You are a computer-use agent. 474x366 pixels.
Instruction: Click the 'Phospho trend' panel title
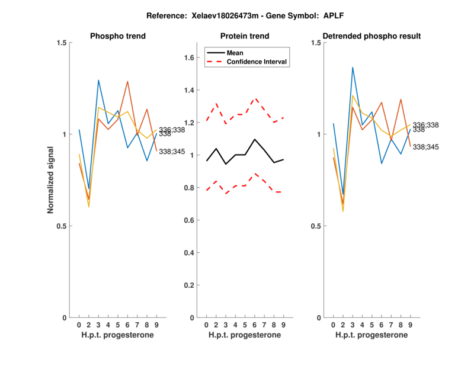[118, 36]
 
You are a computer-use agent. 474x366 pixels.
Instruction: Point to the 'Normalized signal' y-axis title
[52, 180]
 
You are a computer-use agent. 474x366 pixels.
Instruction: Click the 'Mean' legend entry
[235, 52]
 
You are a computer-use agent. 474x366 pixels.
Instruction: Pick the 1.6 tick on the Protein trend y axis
[188, 58]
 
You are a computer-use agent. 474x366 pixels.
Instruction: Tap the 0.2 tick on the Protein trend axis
[188, 285]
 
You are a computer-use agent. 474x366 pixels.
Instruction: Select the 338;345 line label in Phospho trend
[172, 152]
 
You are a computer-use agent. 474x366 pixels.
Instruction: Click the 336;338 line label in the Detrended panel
[425, 124]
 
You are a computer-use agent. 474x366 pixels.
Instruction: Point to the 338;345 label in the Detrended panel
[425, 146]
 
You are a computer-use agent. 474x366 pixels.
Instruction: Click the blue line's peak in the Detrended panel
[353, 68]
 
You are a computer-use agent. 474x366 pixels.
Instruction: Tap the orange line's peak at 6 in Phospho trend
[128, 82]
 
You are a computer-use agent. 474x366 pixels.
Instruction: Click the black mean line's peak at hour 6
[254, 139]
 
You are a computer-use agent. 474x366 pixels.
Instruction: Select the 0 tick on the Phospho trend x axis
[79, 325]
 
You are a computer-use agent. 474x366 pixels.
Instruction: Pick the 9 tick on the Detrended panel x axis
[410, 325]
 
